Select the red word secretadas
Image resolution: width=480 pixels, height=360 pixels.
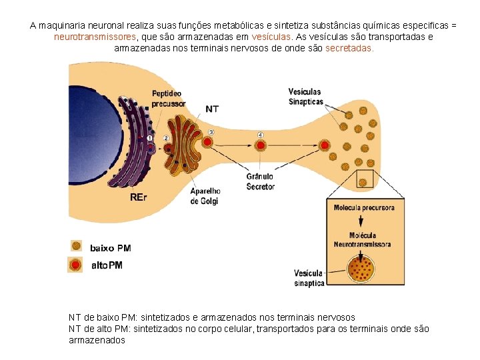pos(349,49)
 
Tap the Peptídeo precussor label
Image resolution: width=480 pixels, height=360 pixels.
pos(169,99)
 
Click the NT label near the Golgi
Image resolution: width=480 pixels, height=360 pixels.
pos(212,109)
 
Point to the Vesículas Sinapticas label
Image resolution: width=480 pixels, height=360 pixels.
pos(305,97)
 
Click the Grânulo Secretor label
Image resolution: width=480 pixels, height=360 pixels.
pos(260,182)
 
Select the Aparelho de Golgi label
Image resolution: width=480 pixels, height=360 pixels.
pos(205,196)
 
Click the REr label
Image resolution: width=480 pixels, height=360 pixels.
pos(139,197)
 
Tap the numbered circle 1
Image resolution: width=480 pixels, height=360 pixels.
pos(150,137)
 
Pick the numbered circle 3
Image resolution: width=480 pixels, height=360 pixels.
pos(211,132)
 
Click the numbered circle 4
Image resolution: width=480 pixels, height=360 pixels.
pos(261,135)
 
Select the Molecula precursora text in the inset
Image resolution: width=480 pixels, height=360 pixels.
pos(364,207)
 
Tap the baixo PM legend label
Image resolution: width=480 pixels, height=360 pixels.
pos(111,248)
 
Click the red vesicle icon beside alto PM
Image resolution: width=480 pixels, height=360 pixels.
pos(76,265)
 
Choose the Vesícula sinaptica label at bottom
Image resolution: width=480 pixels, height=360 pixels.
pos(309,278)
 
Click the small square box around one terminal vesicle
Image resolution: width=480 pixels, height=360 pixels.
pos(365,179)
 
